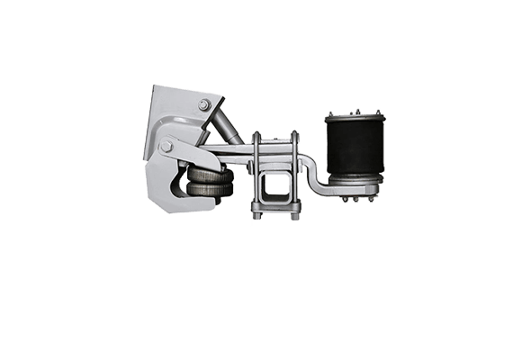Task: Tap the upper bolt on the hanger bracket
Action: click(x=205, y=105)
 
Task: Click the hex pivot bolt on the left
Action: click(x=166, y=146)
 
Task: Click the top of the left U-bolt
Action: click(x=256, y=136)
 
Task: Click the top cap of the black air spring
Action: click(x=355, y=118)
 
